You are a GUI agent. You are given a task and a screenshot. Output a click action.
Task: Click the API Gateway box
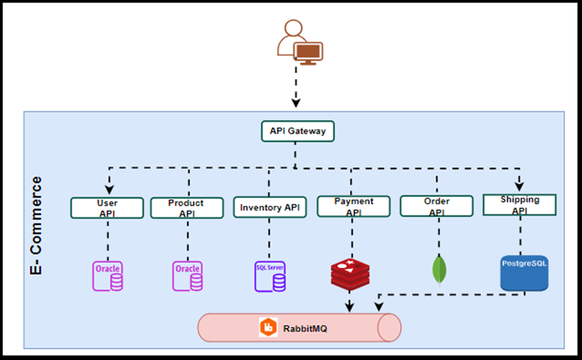297,131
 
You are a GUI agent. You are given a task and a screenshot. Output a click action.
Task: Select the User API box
107,208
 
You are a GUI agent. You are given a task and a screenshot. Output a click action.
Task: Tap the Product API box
187,208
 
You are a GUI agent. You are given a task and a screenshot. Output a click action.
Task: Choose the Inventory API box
270,208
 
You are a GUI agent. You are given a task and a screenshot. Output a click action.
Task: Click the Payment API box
353,206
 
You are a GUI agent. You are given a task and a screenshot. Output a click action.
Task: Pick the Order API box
436,206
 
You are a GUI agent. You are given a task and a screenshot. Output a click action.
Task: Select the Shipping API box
519,204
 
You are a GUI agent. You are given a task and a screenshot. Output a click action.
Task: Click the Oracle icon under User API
107,276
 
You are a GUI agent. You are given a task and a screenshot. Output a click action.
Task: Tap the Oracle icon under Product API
188,276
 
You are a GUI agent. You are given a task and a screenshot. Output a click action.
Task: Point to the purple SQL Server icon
270,276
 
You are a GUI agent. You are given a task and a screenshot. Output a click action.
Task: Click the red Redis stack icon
350,274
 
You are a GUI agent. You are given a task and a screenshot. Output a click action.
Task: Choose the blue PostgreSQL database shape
524,273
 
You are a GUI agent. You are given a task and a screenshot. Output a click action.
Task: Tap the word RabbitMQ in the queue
305,327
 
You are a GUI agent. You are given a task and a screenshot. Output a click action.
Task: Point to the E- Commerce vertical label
37,225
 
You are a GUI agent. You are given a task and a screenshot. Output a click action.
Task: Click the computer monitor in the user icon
308,52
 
